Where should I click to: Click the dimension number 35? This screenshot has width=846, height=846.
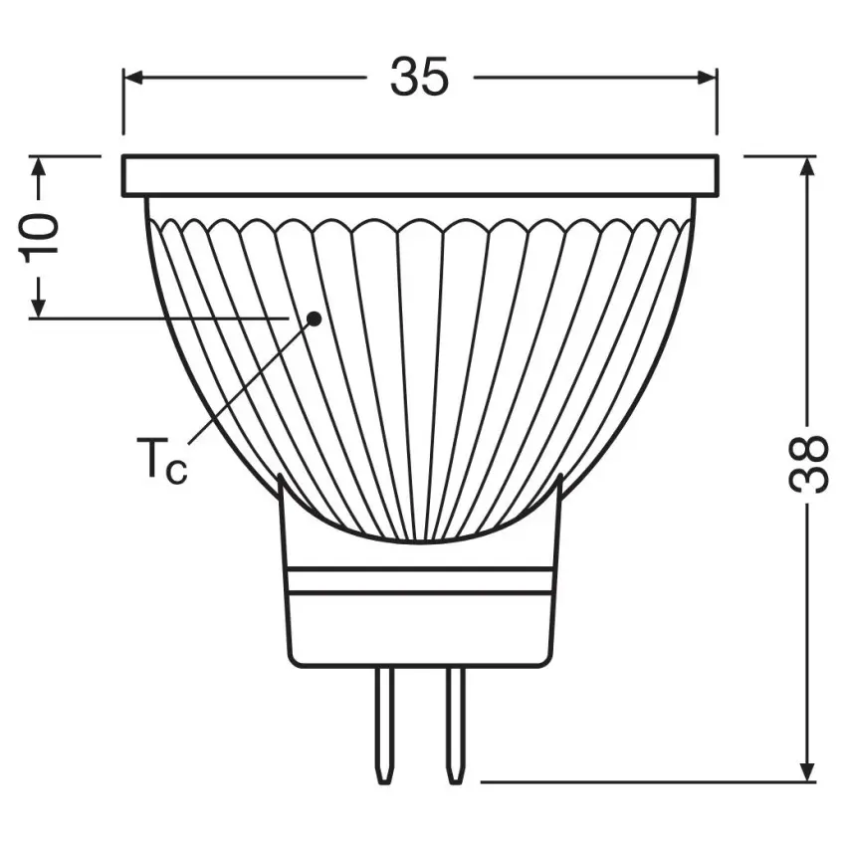(419, 77)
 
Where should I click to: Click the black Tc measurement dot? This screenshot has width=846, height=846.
(314, 318)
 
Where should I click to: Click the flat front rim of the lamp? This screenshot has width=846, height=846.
(419, 175)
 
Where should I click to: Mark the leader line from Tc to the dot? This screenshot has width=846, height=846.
(249, 381)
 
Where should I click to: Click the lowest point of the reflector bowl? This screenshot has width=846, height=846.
(419, 542)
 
